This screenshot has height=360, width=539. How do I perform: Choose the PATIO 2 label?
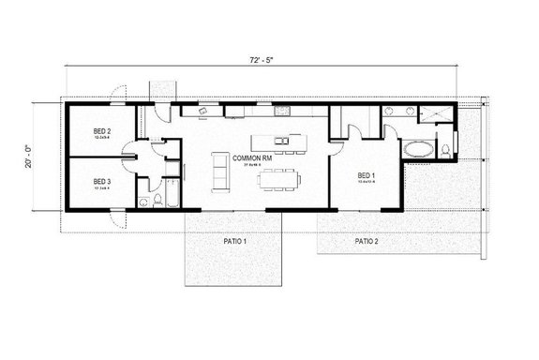tap(367, 241)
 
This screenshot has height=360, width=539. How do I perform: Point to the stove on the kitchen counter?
tap(280, 112)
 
